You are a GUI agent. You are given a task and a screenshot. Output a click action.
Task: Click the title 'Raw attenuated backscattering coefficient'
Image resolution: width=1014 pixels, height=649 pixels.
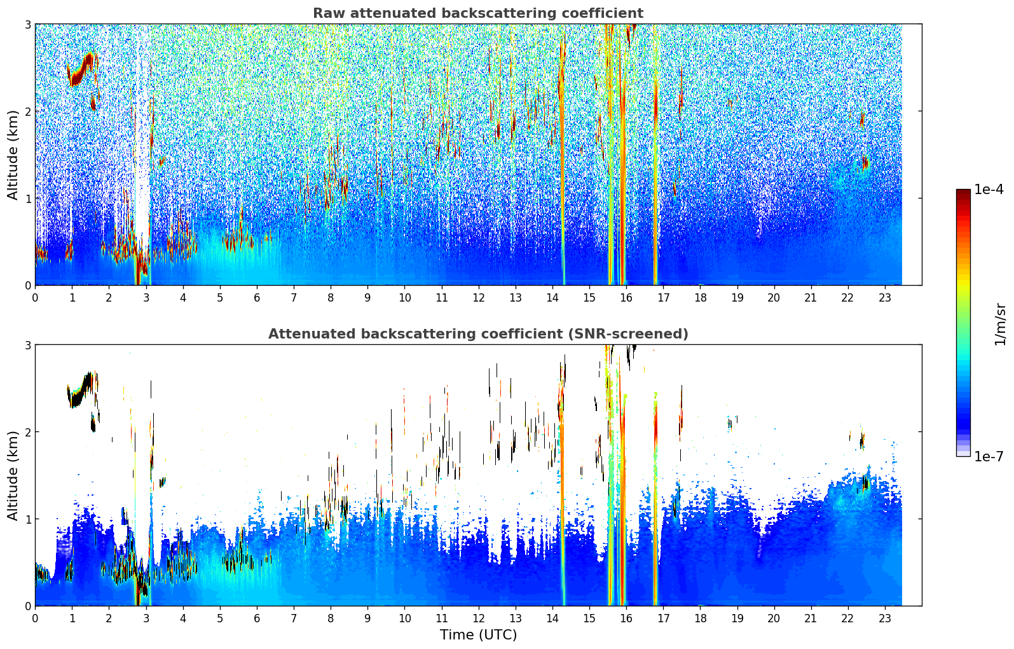tap(477, 13)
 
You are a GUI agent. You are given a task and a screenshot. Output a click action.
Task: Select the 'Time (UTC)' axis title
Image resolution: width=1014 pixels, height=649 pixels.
tap(478, 634)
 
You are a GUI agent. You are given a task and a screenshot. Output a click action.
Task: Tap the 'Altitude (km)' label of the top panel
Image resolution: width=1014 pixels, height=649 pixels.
tap(13, 155)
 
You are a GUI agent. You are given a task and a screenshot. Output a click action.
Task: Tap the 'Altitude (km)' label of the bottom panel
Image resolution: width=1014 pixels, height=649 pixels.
tap(13, 475)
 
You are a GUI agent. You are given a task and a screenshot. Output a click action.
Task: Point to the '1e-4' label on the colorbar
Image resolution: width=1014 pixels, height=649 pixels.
tap(989, 190)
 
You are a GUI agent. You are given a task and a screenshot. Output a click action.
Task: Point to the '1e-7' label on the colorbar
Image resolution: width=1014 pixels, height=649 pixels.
tap(989, 456)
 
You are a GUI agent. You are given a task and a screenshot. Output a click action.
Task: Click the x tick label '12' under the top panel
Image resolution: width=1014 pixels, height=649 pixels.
tap(478, 297)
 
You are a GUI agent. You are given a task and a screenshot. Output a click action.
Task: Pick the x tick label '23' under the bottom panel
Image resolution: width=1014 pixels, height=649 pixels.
tap(885, 618)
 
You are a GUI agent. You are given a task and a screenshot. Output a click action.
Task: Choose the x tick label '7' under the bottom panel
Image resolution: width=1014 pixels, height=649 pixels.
tap(294, 618)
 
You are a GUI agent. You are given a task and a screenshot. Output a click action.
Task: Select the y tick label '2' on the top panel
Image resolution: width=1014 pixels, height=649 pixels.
tap(27, 111)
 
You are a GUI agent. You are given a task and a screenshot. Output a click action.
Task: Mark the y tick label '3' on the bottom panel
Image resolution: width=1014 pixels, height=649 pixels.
tap(27, 345)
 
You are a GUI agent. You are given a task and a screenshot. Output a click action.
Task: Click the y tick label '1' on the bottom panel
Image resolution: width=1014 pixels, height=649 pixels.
tap(27, 519)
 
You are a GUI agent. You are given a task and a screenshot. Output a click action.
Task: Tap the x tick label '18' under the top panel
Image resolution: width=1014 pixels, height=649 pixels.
tap(700, 297)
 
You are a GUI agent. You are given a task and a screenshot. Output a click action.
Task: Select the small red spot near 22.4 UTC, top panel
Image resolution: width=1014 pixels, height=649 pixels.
tap(865, 164)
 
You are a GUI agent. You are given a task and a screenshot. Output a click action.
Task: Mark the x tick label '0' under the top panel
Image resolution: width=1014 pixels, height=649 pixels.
tap(35, 297)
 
